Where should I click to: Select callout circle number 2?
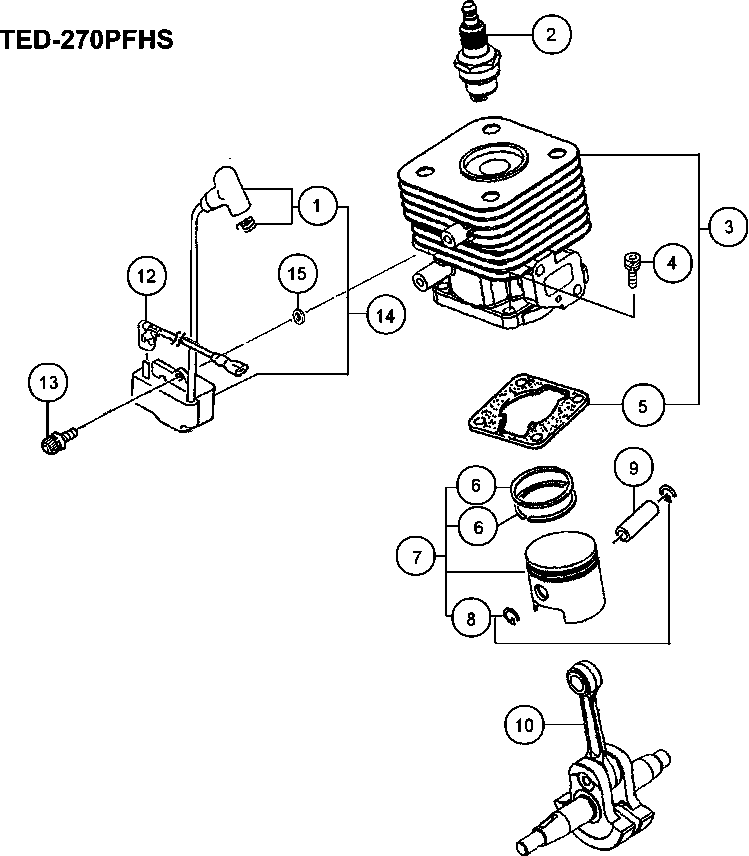click(551, 35)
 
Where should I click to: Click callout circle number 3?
click(729, 227)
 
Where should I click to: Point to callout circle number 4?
click(672, 263)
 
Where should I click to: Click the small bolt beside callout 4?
click(630, 270)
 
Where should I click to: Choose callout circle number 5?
click(643, 406)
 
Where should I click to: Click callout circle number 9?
click(633, 468)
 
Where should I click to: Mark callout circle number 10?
click(524, 725)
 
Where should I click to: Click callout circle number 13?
click(49, 383)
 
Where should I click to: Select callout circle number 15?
click(298, 274)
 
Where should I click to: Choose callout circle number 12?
click(146, 276)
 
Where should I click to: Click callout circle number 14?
click(385, 316)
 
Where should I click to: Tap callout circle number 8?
click(471, 619)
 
